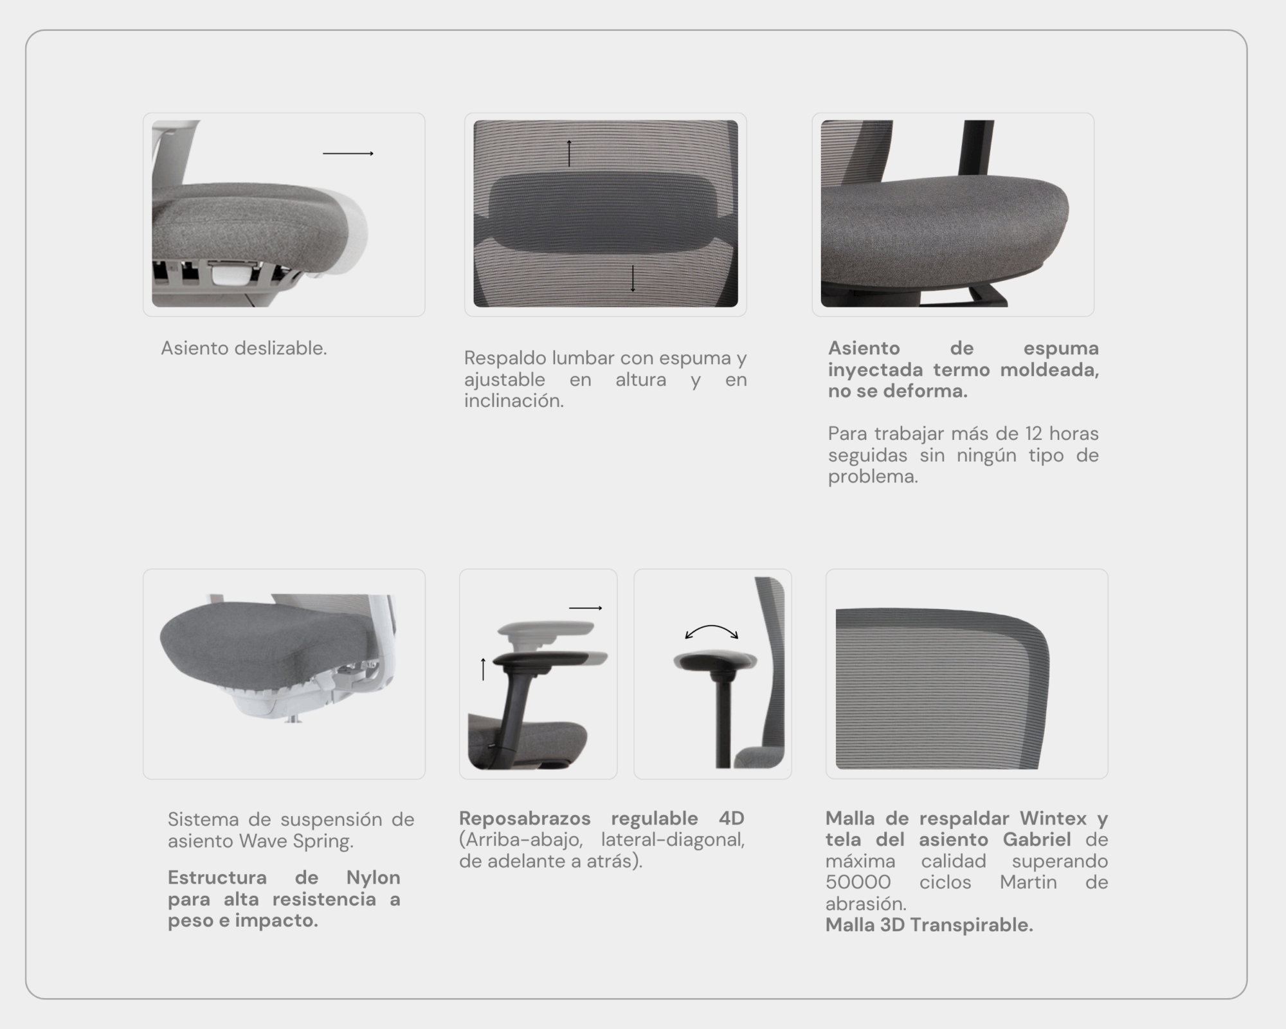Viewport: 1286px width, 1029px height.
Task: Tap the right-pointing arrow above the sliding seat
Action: (348, 154)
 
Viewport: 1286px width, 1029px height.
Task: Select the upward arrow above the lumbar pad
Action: (569, 153)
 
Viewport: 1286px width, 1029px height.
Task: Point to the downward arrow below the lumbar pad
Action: (633, 278)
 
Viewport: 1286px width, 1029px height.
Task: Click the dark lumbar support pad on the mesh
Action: (605, 213)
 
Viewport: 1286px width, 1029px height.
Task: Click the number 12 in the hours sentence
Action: (1034, 433)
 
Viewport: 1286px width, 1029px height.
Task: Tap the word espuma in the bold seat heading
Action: (1061, 348)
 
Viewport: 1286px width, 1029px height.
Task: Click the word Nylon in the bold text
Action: (373, 877)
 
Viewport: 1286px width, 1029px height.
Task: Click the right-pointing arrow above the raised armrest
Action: (586, 608)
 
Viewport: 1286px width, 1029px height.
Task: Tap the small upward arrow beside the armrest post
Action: (484, 669)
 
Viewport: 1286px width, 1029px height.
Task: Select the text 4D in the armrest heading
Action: (732, 818)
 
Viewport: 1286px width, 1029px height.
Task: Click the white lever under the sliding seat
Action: (229, 273)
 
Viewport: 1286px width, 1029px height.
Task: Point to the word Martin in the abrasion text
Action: (1028, 882)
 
